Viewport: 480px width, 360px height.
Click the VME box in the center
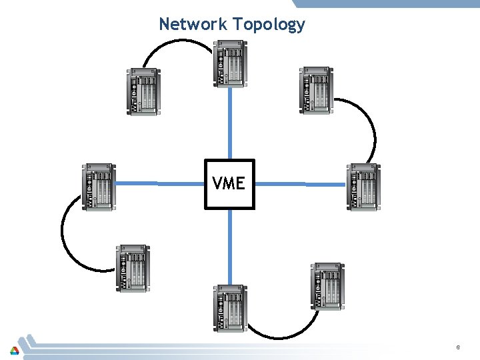tap(229, 184)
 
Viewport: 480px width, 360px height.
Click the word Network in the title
tap(193, 25)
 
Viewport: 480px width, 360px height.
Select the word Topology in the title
tap(269, 25)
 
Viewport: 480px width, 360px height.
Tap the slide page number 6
tap(458, 347)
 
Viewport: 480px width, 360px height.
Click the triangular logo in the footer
tap(14, 349)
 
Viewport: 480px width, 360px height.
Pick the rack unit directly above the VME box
tap(230, 63)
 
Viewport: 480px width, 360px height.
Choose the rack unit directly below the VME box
tap(230, 307)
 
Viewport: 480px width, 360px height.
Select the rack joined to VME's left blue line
tap(98, 187)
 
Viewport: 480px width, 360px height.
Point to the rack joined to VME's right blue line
tap(363, 187)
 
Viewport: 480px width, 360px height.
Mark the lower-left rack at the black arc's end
tap(133, 268)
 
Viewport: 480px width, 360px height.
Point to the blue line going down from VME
tap(230, 247)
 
